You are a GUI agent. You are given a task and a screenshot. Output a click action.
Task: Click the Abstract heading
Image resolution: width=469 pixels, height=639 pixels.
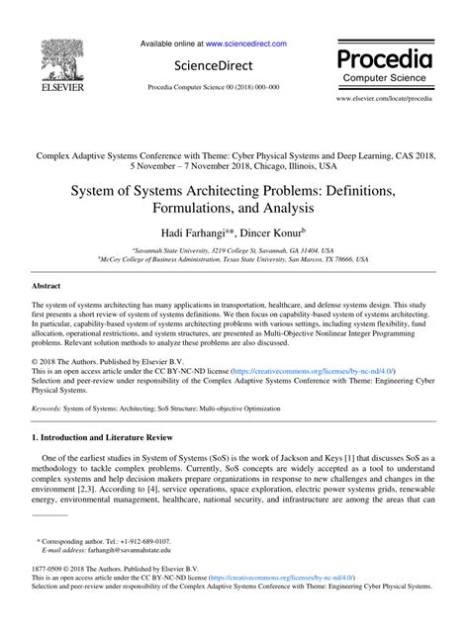click(48, 285)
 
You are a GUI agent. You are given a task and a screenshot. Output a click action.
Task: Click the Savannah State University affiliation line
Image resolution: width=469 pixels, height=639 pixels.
click(234, 250)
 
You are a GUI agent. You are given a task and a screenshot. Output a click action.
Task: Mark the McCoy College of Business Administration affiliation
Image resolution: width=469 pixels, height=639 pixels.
click(234, 259)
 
